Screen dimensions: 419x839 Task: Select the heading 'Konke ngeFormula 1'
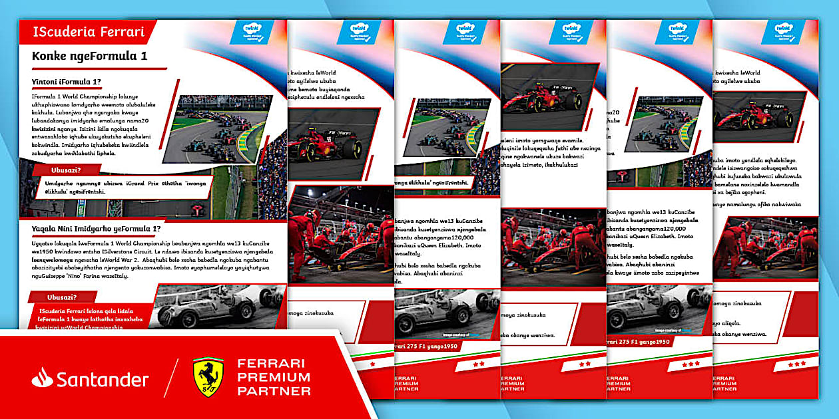coord(89,57)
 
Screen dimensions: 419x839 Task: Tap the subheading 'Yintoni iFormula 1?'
coord(66,82)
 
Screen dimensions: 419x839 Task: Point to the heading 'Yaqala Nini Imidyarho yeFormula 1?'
coord(97,229)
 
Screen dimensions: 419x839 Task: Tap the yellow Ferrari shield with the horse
coord(208,377)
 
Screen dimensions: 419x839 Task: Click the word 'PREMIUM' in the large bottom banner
coord(274,377)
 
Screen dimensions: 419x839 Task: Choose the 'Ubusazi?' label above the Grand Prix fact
coord(65,170)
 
